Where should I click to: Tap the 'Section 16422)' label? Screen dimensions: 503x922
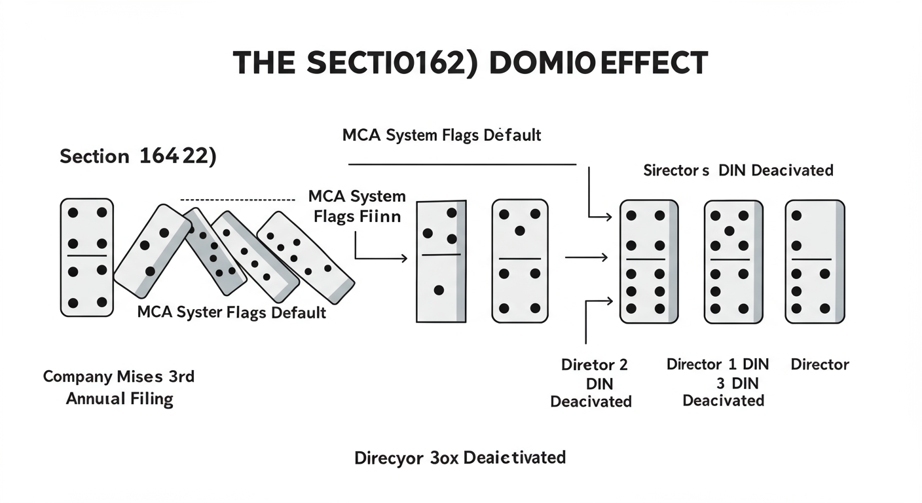(138, 157)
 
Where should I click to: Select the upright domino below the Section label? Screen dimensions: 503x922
(87, 257)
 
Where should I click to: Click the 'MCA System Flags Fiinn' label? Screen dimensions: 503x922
(357, 206)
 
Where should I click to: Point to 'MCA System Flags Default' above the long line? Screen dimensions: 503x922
(441, 136)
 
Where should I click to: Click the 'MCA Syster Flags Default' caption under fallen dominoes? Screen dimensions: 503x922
(231, 312)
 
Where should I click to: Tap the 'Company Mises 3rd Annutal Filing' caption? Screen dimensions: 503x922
(119, 388)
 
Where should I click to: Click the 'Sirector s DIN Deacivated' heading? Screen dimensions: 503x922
(738, 170)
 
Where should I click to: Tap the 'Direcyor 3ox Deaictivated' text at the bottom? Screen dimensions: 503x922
(460, 457)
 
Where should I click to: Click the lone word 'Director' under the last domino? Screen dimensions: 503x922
(820, 365)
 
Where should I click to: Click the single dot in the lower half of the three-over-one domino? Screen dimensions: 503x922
(439, 290)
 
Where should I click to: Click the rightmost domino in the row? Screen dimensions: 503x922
(814, 261)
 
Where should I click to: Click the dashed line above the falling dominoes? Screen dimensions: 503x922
(237, 198)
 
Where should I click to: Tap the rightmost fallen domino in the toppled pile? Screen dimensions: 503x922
(305, 257)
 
